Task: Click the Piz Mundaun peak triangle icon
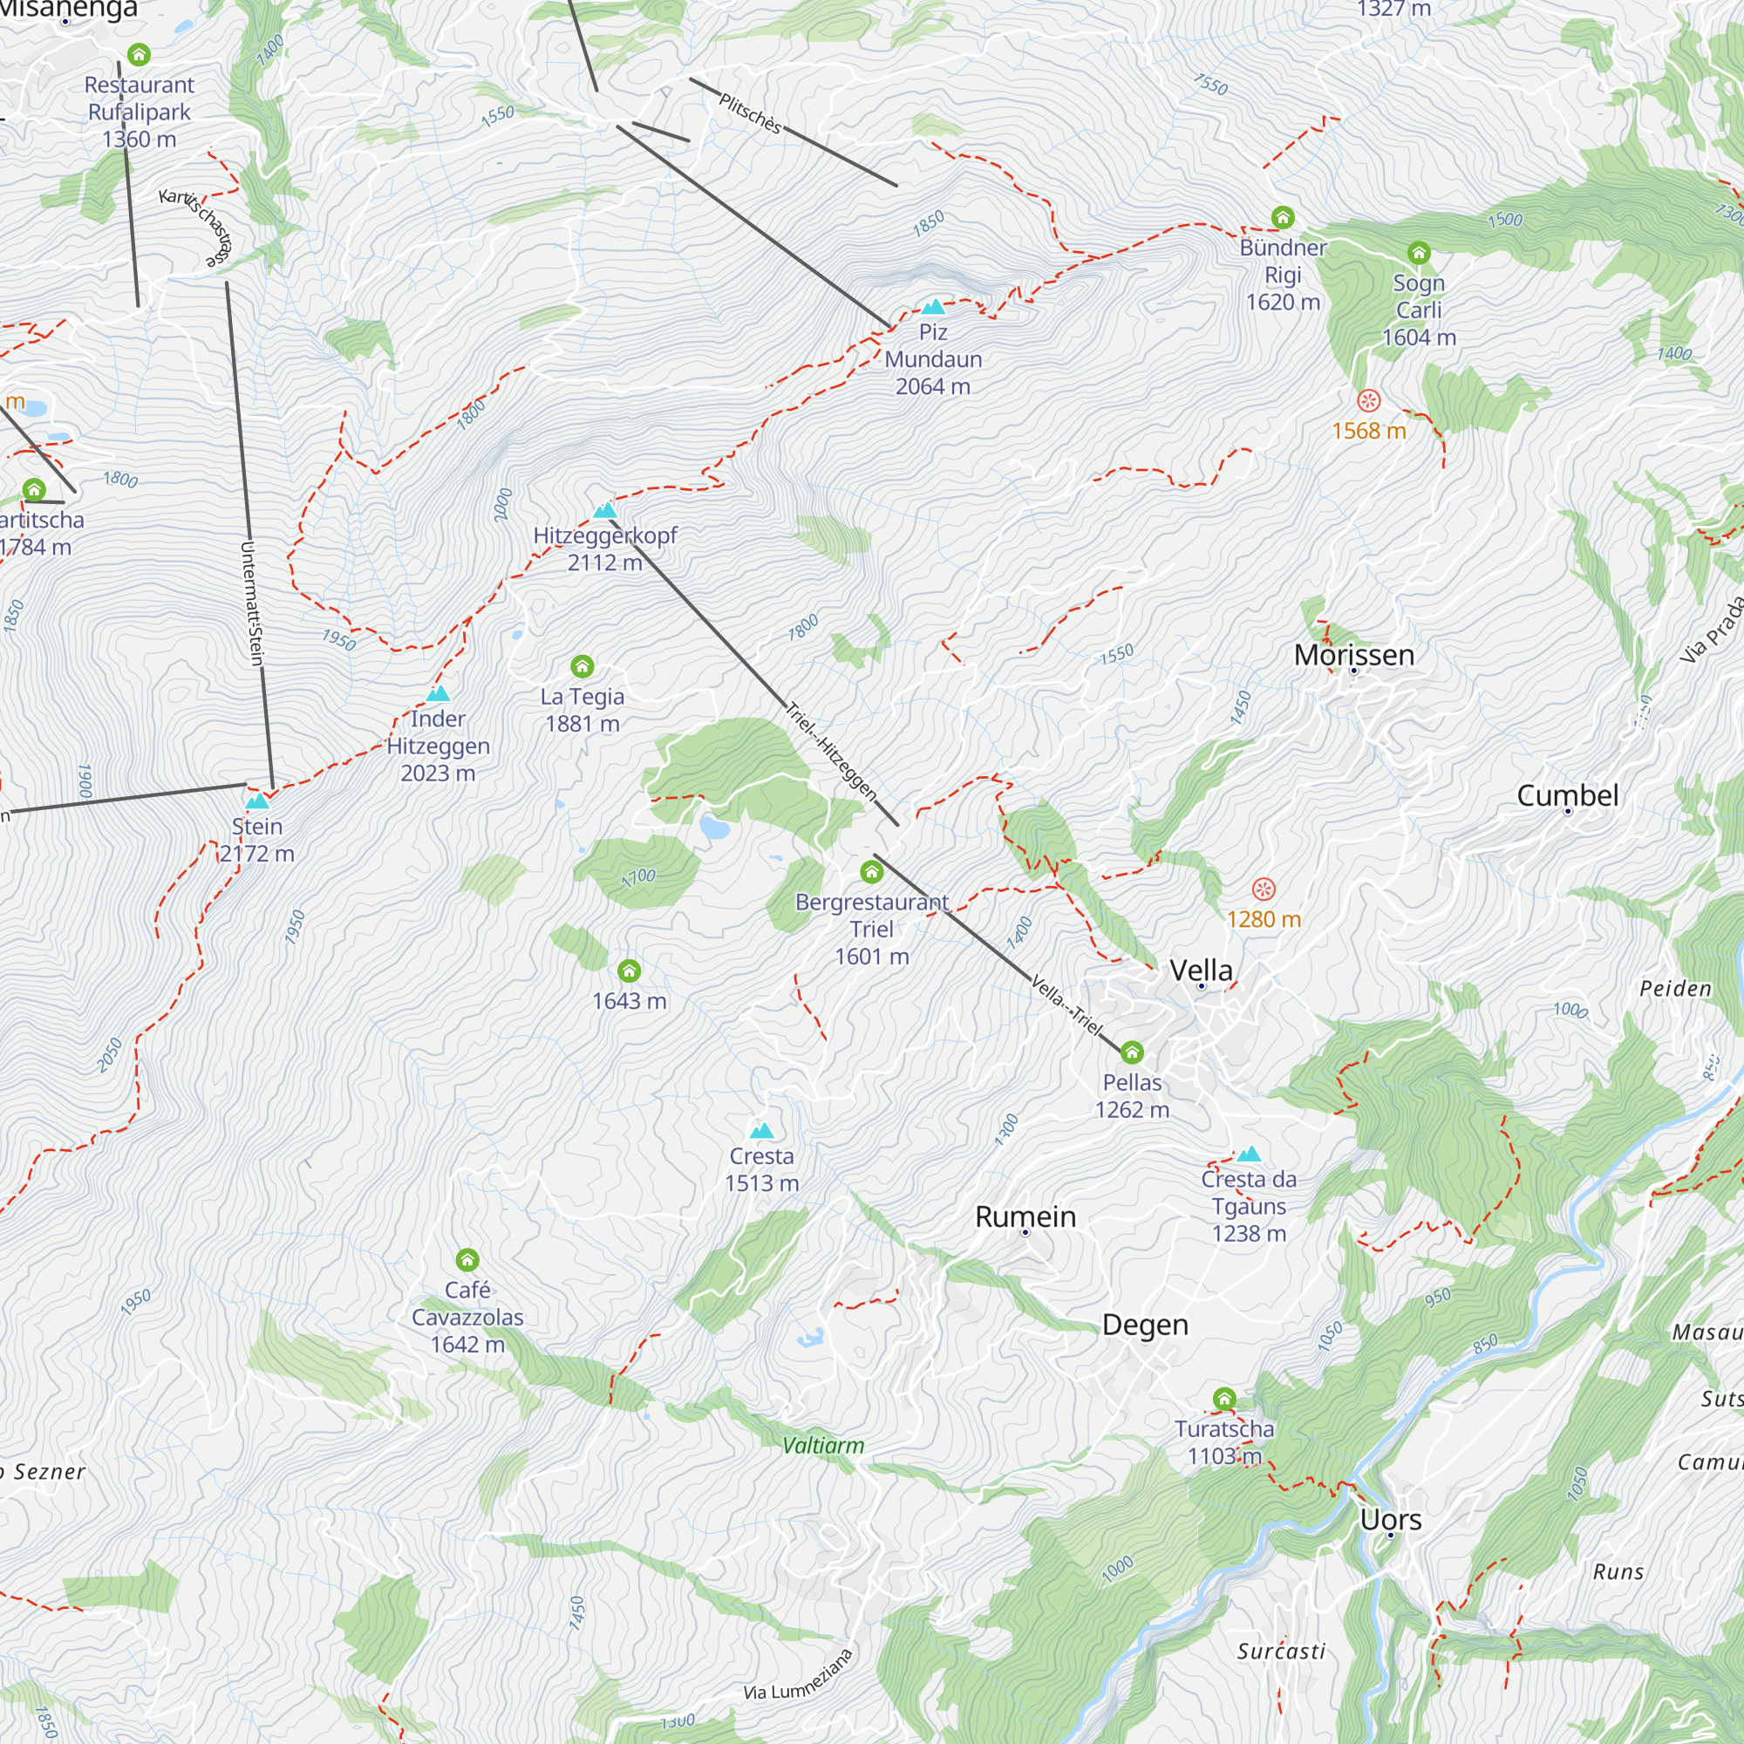(x=932, y=307)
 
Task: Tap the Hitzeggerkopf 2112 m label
(x=605, y=548)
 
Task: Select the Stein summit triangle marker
(x=257, y=800)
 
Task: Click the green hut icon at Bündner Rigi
(x=1283, y=216)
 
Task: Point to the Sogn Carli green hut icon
(x=1418, y=253)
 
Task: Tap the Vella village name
(x=1201, y=971)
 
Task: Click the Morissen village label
(x=1353, y=656)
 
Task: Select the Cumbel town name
(x=1567, y=795)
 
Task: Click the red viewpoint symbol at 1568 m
(x=1368, y=400)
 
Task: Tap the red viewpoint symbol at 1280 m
(x=1263, y=889)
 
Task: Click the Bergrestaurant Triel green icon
(x=871, y=871)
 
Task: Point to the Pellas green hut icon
(x=1132, y=1052)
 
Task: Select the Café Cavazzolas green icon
(x=467, y=1259)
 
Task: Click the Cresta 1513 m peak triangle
(x=762, y=1131)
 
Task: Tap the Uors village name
(x=1390, y=1519)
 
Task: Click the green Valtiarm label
(x=822, y=1445)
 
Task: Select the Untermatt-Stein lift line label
(x=253, y=603)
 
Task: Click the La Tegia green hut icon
(x=582, y=666)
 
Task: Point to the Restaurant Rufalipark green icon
(x=138, y=54)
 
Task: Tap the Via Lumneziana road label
(x=798, y=1675)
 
